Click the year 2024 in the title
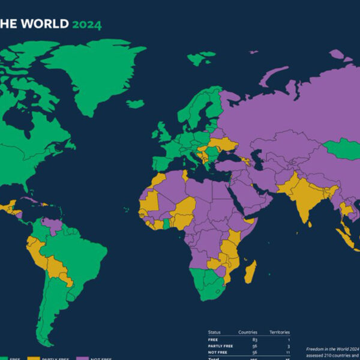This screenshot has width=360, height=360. tap(86, 25)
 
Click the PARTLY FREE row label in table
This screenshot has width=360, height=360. tap(220, 346)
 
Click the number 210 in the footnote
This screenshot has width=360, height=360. tap(336, 355)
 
